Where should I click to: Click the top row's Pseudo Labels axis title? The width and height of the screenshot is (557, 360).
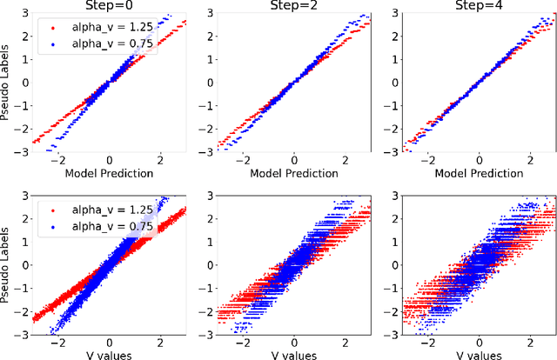8,84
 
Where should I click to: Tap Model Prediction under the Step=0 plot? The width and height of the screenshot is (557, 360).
109,173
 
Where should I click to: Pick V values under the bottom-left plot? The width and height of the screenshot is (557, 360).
109,352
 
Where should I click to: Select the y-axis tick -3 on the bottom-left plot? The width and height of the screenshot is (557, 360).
23,335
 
